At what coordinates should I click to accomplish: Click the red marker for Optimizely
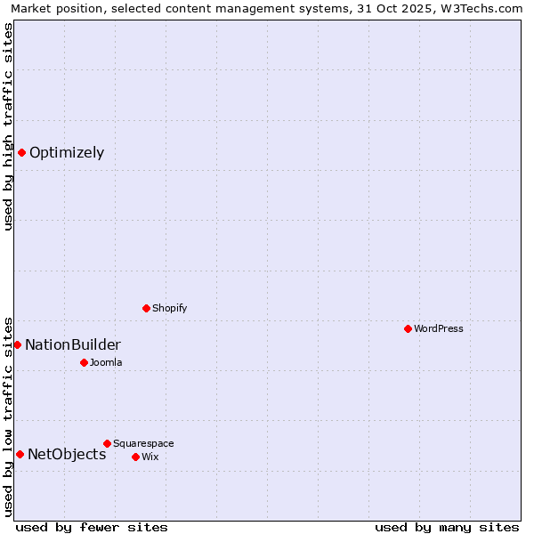21,152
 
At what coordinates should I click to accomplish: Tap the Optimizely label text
67,152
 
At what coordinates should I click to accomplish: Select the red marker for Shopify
146,308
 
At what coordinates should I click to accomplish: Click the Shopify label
169,308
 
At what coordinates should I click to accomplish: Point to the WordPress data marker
408,328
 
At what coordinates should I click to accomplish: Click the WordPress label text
438,328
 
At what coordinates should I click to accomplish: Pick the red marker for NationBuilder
17,344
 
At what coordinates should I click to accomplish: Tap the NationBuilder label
73,344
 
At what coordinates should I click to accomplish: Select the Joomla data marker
84,362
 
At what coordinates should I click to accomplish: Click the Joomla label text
106,362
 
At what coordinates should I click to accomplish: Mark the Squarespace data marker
107,443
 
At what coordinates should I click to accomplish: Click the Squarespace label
143,443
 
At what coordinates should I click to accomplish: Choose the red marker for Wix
135,457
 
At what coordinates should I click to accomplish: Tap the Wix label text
150,457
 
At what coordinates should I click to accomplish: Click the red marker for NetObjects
20,454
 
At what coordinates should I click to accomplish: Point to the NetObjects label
67,454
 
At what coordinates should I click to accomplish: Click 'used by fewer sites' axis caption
92,527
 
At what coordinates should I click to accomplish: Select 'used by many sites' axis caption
447,527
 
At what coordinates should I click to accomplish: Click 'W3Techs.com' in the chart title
485,9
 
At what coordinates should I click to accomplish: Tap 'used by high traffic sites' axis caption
9,126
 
